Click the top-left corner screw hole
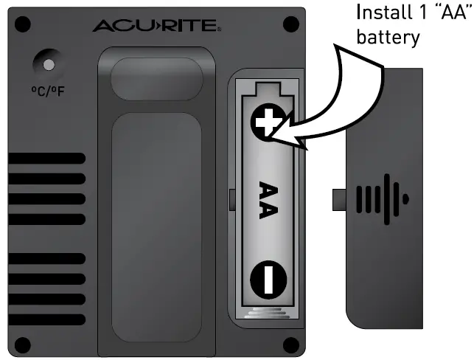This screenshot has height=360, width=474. click(22, 24)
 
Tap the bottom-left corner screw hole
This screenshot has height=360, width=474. click(22, 344)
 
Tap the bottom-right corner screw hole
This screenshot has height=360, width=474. click(290, 344)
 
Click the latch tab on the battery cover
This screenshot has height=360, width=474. click(339, 199)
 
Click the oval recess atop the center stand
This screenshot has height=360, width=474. click(156, 77)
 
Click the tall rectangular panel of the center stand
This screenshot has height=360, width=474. click(156, 221)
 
